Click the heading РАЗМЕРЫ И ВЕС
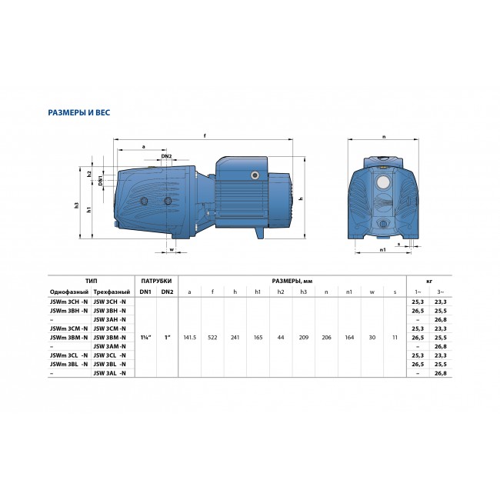(79, 112)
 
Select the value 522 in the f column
(212, 336)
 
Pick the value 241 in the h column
(235, 336)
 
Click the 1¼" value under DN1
(145, 336)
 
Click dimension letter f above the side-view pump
(205, 136)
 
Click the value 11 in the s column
(394, 336)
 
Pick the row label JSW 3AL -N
(109, 373)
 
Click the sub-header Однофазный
(68, 292)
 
